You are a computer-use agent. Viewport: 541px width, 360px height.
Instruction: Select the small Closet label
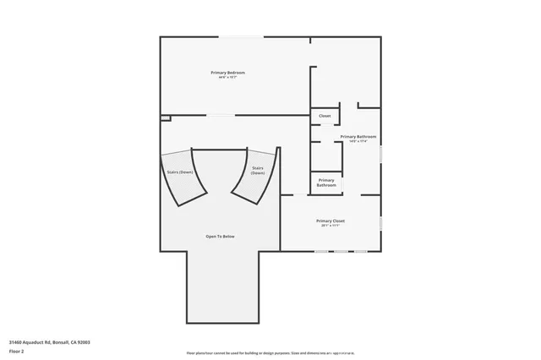click(x=325, y=116)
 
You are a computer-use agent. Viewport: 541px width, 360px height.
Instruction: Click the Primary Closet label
click(x=331, y=221)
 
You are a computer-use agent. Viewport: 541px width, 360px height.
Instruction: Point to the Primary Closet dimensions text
click(x=331, y=226)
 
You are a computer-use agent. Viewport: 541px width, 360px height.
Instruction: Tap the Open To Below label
click(x=219, y=237)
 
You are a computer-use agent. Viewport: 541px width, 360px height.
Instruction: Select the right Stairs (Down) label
click(x=258, y=170)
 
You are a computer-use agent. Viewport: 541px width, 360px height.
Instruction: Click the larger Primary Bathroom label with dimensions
click(x=358, y=136)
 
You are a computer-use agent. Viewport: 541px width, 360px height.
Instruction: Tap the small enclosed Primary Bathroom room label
click(x=326, y=183)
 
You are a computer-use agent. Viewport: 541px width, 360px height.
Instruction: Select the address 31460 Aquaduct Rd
click(x=49, y=341)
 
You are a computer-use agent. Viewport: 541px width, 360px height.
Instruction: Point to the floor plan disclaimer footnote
click(x=270, y=352)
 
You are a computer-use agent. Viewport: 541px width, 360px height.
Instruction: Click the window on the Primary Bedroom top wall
click(x=241, y=36)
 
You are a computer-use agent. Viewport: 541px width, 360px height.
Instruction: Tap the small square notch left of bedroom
click(x=166, y=117)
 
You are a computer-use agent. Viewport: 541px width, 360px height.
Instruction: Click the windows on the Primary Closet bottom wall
click(x=342, y=251)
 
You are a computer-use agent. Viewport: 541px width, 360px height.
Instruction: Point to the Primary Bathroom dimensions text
click(x=358, y=141)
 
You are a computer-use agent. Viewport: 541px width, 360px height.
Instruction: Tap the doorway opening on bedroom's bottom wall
click(x=221, y=115)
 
